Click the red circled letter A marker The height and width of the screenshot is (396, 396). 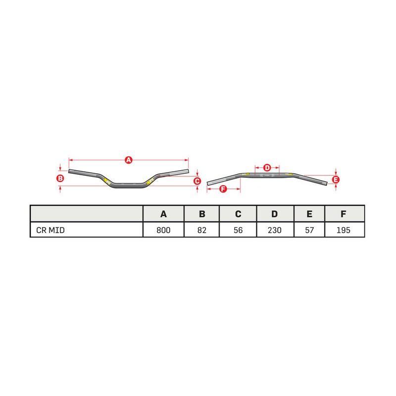click(x=128, y=160)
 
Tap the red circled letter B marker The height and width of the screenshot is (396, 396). click(x=59, y=178)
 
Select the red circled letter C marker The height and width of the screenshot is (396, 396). click(x=197, y=181)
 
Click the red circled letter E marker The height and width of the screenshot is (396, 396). click(x=336, y=180)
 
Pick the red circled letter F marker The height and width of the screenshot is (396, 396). click(x=223, y=189)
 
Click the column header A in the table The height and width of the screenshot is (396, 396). click(x=163, y=214)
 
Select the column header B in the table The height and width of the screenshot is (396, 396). click(x=202, y=214)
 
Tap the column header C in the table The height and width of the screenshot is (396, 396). click(x=238, y=214)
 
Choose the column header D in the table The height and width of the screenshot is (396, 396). click(x=275, y=214)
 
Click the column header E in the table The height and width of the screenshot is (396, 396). click(x=309, y=214)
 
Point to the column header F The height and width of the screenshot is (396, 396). click(x=344, y=214)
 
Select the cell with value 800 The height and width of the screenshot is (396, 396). click(x=163, y=230)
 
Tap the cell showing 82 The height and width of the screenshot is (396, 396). click(x=202, y=230)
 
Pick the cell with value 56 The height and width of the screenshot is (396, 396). click(x=238, y=230)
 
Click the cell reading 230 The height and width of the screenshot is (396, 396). click(x=275, y=230)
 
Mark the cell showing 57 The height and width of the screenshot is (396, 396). click(x=309, y=230)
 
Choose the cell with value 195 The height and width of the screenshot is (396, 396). click(x=344, y=230)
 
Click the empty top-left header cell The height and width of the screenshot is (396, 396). click(x=87, y=214)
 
